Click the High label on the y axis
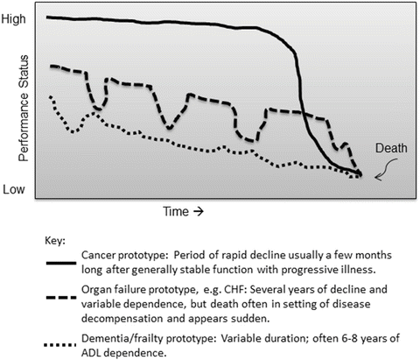point(14,19)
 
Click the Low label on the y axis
point(14,189)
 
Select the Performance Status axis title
point(24,108)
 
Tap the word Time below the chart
point(176,211)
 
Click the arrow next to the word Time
point(199,211)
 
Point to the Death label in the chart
point(391,148)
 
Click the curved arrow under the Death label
point(387,169)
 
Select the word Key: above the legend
point(55,241)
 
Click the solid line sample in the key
point(61,263)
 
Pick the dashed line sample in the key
point(61,298)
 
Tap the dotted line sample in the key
point(59,345)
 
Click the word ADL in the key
point(91,353)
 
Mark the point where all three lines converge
point(360,174)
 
